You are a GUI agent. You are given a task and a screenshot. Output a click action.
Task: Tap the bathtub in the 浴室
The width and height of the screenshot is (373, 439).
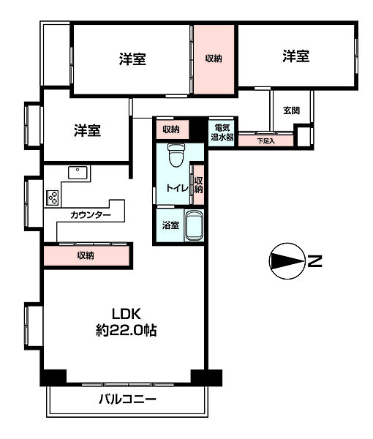(x=193, y=225)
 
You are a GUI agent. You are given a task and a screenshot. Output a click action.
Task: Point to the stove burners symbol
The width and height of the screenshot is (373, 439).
(x=53, y=197)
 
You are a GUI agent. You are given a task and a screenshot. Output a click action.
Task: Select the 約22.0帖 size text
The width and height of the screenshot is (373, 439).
(x=127, y=330)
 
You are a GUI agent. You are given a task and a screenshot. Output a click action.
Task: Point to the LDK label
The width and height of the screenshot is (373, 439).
(x=127, y=313)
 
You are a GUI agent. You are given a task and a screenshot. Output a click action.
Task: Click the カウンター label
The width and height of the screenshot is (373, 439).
(x=91, y=215)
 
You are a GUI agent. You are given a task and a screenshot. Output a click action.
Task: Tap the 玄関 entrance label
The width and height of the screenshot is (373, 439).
(x=291, y=110)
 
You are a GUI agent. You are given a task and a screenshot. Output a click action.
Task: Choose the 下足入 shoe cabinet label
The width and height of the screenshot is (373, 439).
(x=265, y=140)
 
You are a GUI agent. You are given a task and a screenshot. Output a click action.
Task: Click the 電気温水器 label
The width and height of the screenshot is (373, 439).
(x=222, y=132)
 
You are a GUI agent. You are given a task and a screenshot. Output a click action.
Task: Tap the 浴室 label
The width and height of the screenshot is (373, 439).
(x=170, y=225)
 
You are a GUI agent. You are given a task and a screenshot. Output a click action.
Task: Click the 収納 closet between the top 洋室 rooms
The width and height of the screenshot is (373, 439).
(x=214, y=59)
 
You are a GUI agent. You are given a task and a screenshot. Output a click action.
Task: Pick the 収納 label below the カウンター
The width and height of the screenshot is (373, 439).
(x=86, y=255)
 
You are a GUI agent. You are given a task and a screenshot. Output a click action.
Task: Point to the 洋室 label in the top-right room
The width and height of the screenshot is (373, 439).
(x=295, y=56)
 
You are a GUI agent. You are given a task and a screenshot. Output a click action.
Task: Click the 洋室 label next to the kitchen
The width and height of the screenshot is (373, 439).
(x=86, y=130)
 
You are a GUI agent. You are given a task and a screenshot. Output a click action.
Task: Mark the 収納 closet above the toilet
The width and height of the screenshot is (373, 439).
(x=171, y=130)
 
